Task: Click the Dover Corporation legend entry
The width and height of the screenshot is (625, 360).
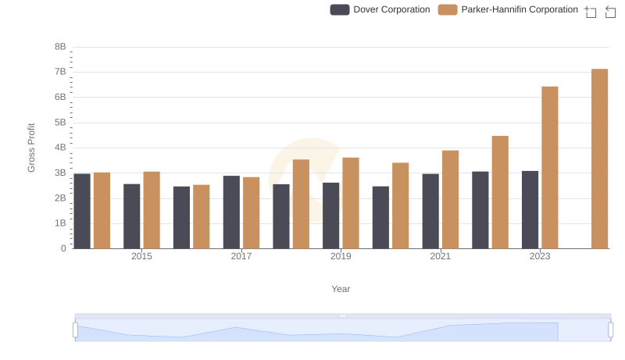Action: [x=380, y=9]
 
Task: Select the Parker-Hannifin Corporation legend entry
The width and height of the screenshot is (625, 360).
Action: [x=509, y=9]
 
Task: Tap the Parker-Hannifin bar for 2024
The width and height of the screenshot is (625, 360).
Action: [x=599, y=159]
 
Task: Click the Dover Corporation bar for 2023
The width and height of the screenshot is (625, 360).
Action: [x=530, y=209]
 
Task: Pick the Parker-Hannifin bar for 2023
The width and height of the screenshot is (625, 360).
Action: [x=550, y=167]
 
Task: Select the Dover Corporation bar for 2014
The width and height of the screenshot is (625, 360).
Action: [x=82, y=211]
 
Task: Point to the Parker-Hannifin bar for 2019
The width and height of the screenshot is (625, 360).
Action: [x=351, y=203]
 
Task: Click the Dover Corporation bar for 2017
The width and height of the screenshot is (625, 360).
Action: [x=231, y=212]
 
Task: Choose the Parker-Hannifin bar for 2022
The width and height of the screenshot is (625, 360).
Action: [x=500, y=192]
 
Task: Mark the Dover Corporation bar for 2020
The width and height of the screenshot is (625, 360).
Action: [x=380, y=217]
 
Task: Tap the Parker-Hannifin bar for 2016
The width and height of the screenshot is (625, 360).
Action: [x=202, y=216]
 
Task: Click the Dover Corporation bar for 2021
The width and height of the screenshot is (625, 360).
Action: [x=430, y=211]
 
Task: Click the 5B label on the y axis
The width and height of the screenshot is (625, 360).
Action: [x=60, y=123]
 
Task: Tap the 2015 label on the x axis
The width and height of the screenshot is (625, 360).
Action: [x=142, y=256]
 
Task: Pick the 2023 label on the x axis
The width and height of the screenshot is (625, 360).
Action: [x=540, y=256]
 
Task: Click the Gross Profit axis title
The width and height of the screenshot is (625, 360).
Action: [x=32, y=148]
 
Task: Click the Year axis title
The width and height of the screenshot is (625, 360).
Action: [x=341, y=289]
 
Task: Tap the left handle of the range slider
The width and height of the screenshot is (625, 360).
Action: [x=76, y=330]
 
